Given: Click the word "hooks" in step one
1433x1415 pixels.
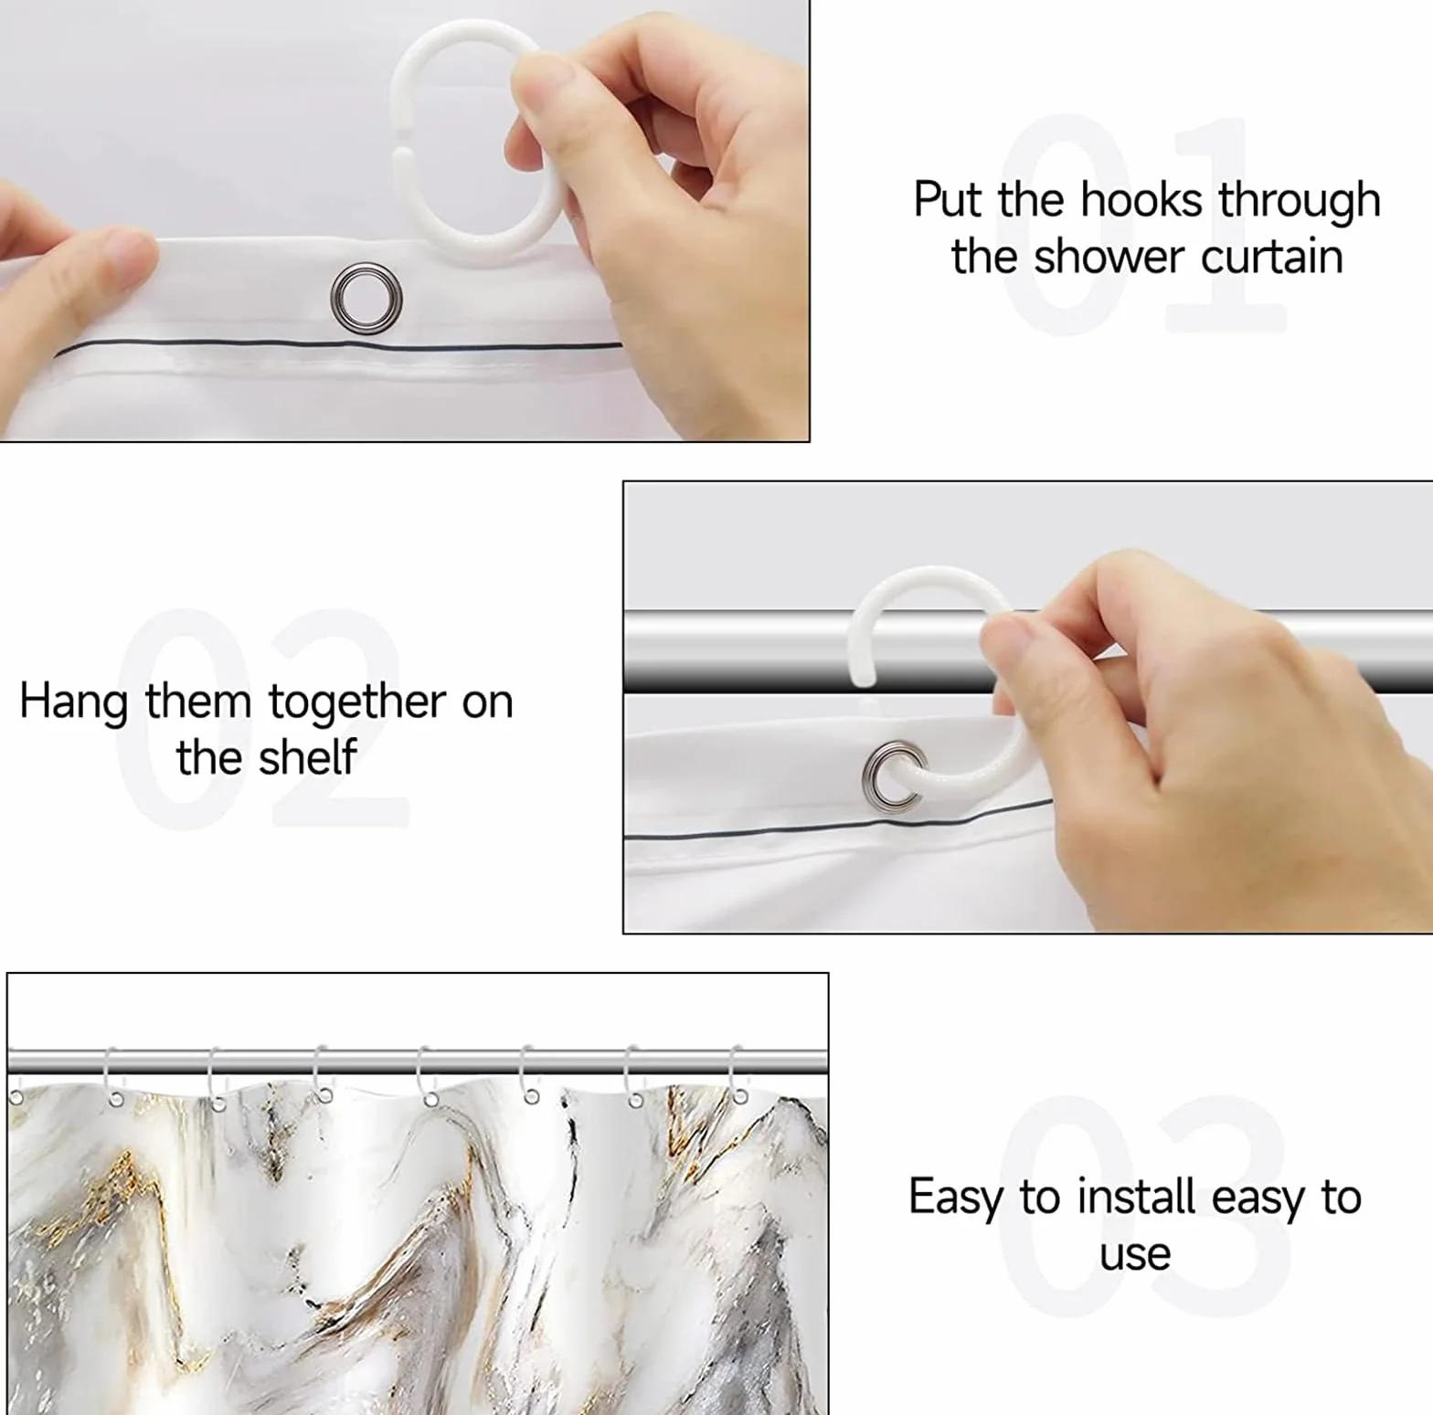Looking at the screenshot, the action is (1141, 200).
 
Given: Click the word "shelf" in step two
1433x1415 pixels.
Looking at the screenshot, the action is (307, 757).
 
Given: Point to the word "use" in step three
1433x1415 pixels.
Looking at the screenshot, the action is (1135, 1256).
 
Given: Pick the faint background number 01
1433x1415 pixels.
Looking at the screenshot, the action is (1142, 224).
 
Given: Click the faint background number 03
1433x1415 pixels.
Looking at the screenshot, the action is (1142, 1206).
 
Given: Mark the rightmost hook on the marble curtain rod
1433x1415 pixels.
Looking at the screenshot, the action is (738, 1078).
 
